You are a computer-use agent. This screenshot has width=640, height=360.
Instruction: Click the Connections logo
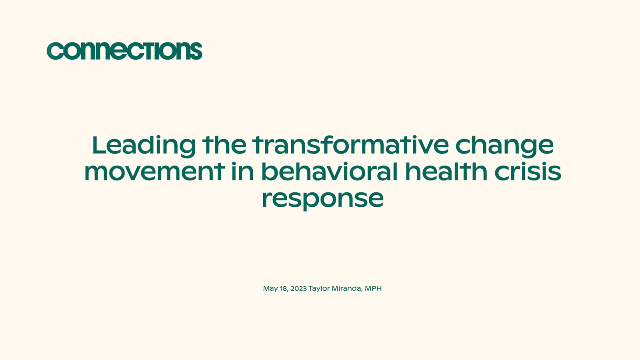coord(124,51)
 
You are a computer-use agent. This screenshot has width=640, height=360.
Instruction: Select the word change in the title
coord(504,145)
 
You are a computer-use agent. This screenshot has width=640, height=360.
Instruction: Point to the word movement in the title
coord(154,172)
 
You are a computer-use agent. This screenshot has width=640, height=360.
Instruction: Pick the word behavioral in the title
coord(329,172)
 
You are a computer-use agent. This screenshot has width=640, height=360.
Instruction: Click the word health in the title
coord(446,172)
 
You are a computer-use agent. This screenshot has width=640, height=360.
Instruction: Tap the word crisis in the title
coord(528,172)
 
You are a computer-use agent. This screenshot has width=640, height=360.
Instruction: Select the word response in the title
coord(322,199)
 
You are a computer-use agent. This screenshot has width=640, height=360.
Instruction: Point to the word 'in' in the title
coord(243,172)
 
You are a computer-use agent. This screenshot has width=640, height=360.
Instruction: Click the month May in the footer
coord(270,288)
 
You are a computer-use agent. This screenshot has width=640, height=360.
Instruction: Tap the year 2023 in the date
coord(298,288)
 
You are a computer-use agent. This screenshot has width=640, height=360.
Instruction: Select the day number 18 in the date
coord(284,288)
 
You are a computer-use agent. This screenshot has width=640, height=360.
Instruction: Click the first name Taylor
coord(319,288)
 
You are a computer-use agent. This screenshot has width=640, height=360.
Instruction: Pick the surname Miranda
coord(347,288)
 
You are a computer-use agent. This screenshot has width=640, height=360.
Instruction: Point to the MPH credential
coord(373,288)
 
